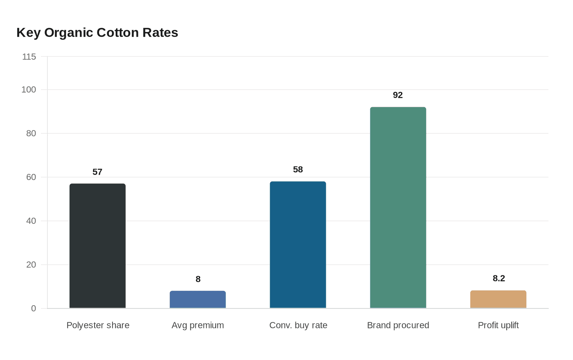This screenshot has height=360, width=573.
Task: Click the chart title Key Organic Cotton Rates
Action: (x=97, y=33)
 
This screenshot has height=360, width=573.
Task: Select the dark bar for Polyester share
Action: (x=97, y=245)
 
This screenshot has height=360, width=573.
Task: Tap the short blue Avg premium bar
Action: (x=198, y=299)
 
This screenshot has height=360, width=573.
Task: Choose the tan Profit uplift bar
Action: (x=498, y=299)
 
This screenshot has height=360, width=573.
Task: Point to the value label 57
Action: (x=97, y=172)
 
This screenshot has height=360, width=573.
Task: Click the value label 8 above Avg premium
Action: (x=198, y=279)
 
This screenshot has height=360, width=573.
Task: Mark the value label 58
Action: (x=298, y=170)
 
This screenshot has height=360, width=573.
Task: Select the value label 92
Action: (x=398, y=95)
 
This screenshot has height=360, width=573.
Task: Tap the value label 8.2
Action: (x=499, y=279)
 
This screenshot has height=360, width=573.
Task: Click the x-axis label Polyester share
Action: (x=98, y=325)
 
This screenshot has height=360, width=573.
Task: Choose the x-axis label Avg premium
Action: (x=198, y=325)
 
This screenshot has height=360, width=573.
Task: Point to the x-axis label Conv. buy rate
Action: (x=298, y=325)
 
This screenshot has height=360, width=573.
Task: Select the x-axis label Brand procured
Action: (x=398, y=325)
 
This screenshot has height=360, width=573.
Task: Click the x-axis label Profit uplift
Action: (x=498, y=325)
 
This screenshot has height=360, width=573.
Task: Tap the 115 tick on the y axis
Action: (x=29, y=57)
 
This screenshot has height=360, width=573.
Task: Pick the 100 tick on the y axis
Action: (x=29, y=90)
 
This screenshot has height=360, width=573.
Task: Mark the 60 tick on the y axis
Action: (x=31, y=177)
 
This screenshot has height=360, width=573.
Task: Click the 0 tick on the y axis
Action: (x=34, y=308)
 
